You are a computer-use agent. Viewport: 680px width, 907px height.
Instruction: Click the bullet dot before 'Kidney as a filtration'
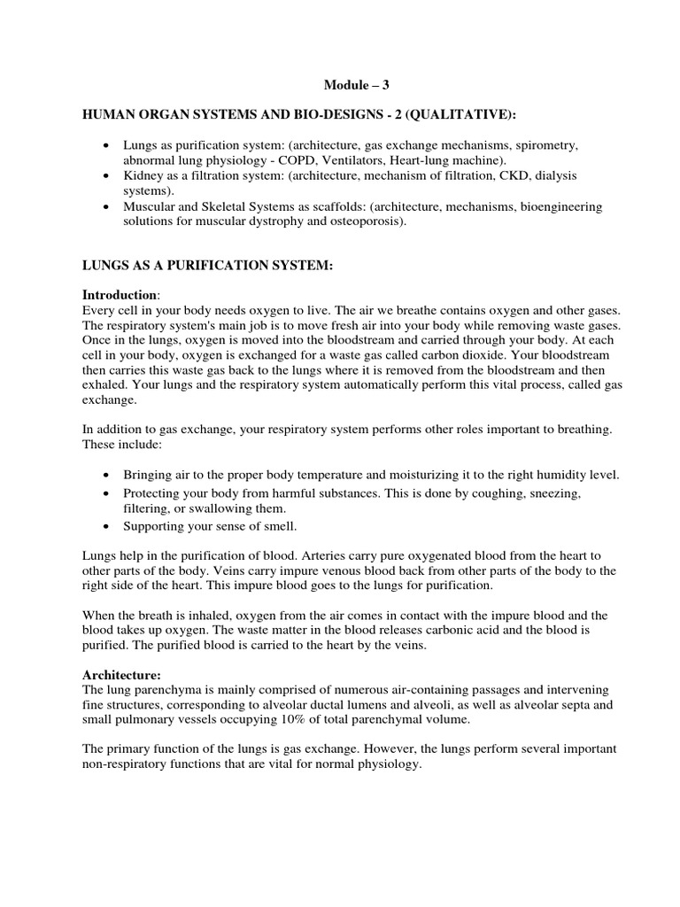107,176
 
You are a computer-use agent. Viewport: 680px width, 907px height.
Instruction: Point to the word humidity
525,475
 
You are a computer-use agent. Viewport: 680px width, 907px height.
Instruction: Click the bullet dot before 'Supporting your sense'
107,525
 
